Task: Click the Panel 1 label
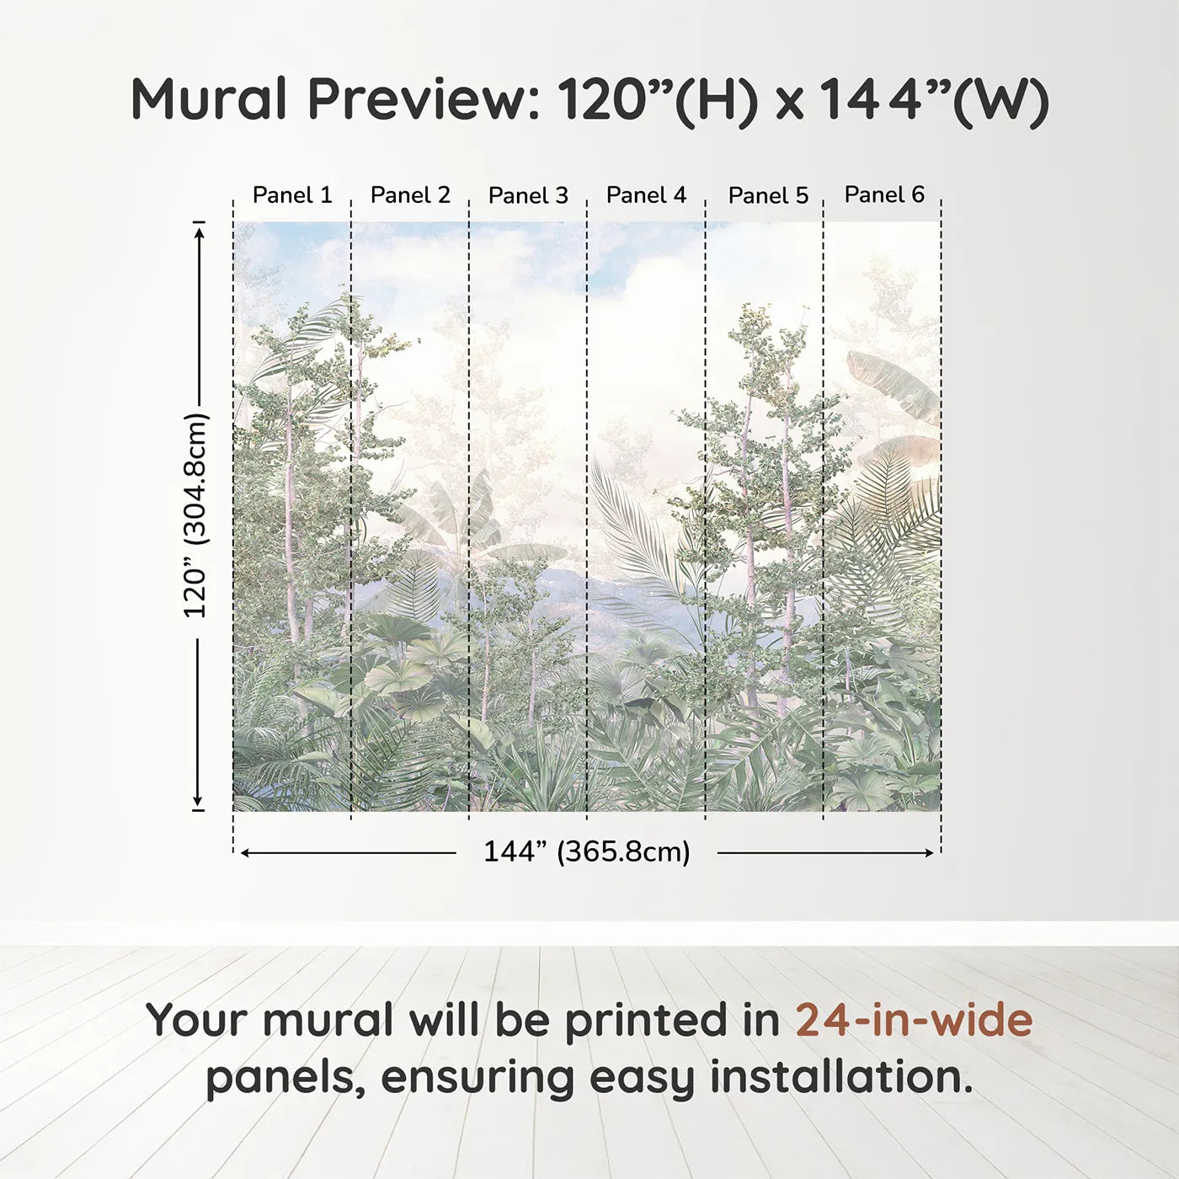pos(292,195)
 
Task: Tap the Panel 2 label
pos(410,195)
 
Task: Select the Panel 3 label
pos(528,195)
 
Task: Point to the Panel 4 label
pos(646,195)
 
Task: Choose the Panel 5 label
pos(768,195)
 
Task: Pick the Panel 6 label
pos(884,195)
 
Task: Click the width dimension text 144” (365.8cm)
pos(586,851)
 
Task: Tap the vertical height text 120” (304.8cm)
pos(195,515)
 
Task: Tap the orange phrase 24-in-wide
pos(914,1021)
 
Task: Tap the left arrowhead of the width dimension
pos(245,853)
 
